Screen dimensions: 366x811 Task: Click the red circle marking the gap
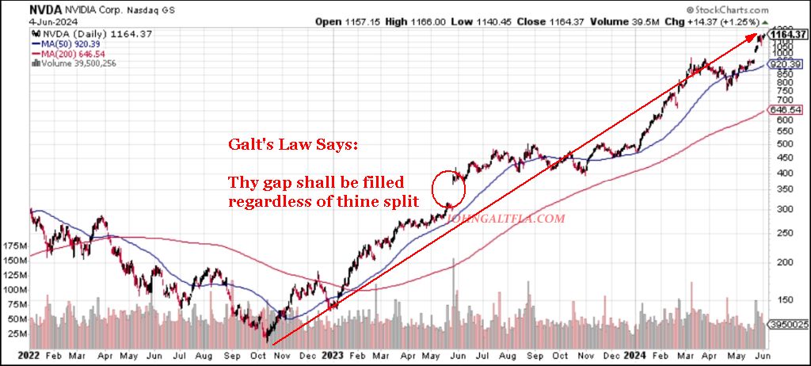click(448, 189)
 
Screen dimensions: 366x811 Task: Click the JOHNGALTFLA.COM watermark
click(507, 218)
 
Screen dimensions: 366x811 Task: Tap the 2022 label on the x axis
click(17, 356)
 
